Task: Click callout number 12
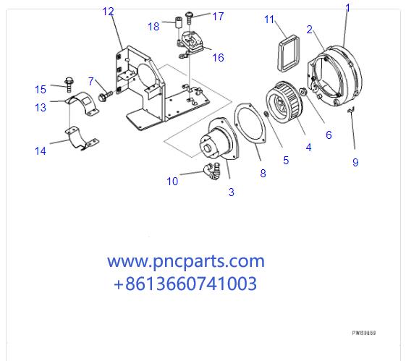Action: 108,11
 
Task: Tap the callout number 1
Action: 347,8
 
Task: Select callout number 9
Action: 355,163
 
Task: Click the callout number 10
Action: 172,182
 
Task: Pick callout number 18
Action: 153,27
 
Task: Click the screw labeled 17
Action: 188,15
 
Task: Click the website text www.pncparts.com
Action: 186,261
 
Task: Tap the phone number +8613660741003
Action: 185,284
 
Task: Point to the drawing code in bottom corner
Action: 363,334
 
